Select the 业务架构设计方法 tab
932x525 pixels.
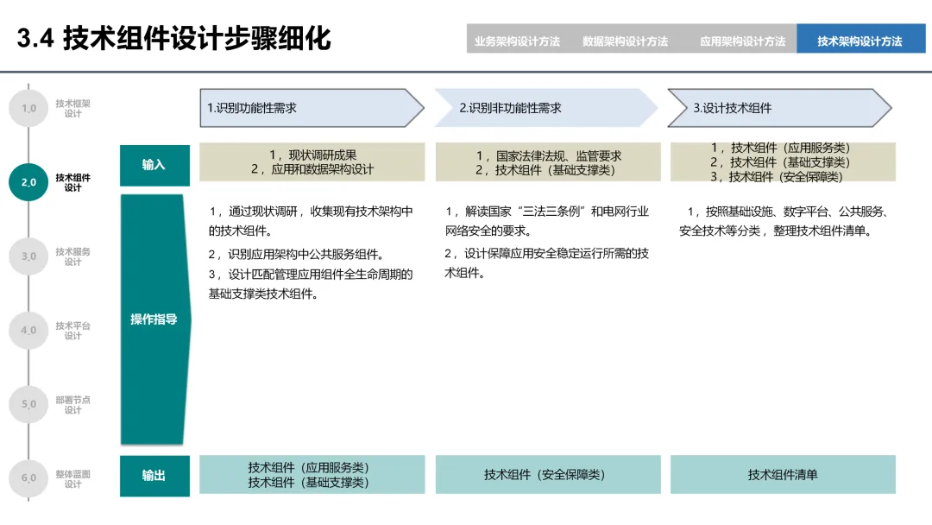[517, 41]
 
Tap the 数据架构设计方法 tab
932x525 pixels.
[626, 41]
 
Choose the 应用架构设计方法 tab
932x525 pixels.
[742, 41]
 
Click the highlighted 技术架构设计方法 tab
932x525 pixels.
[860, 41]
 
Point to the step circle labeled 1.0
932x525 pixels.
[28, 108]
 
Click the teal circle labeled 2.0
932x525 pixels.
[28, 182]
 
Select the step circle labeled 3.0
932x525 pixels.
[28, 256]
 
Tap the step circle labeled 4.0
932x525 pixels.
[28, 330]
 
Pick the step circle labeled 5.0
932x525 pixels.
[28, 404]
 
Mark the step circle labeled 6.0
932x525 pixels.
[28, 478]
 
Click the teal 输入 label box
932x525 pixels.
[154, 165]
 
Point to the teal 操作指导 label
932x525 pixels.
[154, 319]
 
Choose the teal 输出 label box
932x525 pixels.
[154, 475]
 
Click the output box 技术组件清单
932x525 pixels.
[783, 475]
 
